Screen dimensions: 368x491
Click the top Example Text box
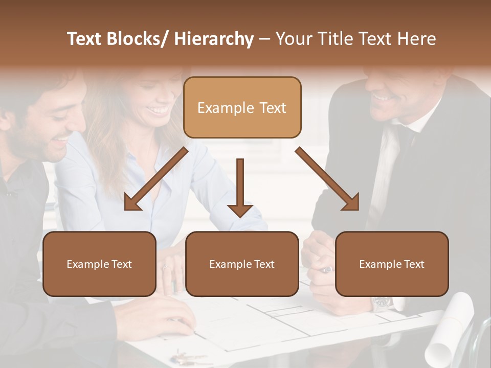(x=242, y=107)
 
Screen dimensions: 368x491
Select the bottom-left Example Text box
(x=99, y=264)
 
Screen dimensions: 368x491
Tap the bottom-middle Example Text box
(x=242, y=264)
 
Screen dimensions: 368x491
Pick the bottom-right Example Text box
(x=392, y=264)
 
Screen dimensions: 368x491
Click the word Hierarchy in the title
(x=214, y=39)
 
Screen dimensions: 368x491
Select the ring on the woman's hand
(x=165, y=267)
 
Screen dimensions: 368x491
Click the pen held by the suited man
(x=326, y=269)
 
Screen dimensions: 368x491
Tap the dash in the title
(x=264, y=39)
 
